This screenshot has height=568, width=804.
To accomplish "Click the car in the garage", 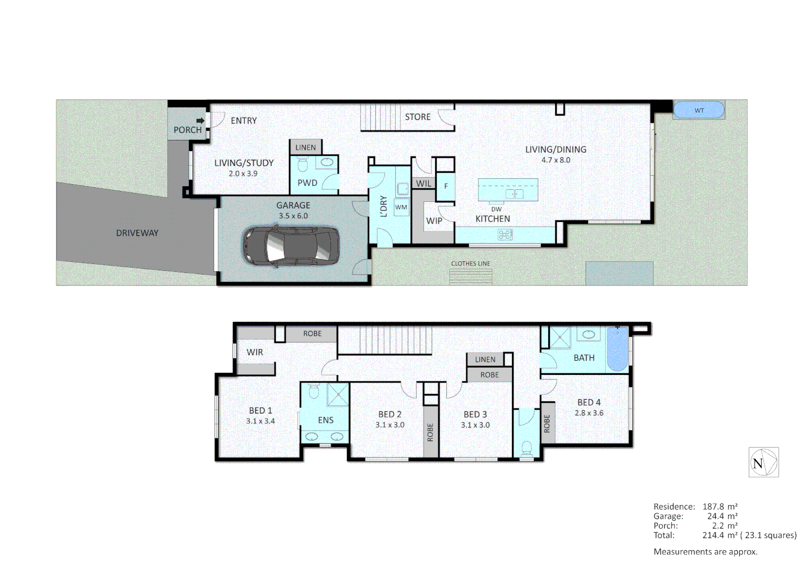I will click(290, 246).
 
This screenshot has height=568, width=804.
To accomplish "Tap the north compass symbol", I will click(763, 462).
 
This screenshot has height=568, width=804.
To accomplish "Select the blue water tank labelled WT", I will click(699, 110).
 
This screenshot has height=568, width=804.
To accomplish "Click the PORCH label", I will click(187, 130).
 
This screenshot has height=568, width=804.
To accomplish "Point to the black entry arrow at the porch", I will click(200, 120).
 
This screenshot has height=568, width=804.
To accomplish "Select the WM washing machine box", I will click(401, 207).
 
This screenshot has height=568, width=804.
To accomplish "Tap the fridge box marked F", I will click(446, 186).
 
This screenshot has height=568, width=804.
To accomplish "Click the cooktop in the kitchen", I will click(505, 235).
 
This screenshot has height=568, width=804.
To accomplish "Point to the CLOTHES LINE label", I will click(470, 263).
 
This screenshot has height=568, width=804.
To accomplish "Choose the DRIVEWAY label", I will click(137, 233).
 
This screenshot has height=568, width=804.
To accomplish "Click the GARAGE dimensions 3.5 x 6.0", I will click(293, 216).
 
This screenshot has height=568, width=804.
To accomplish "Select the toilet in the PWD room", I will click(303, 166).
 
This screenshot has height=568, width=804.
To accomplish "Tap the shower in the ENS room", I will click(338, 394).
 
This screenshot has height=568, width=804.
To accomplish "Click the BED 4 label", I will click(589, 402).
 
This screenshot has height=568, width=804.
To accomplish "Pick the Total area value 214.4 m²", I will click(719, 535).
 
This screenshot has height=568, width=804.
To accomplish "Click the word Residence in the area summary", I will click(674, 506).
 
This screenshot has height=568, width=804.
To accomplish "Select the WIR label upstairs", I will click(255, 352).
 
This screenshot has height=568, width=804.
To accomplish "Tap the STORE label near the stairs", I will click(417, 117).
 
